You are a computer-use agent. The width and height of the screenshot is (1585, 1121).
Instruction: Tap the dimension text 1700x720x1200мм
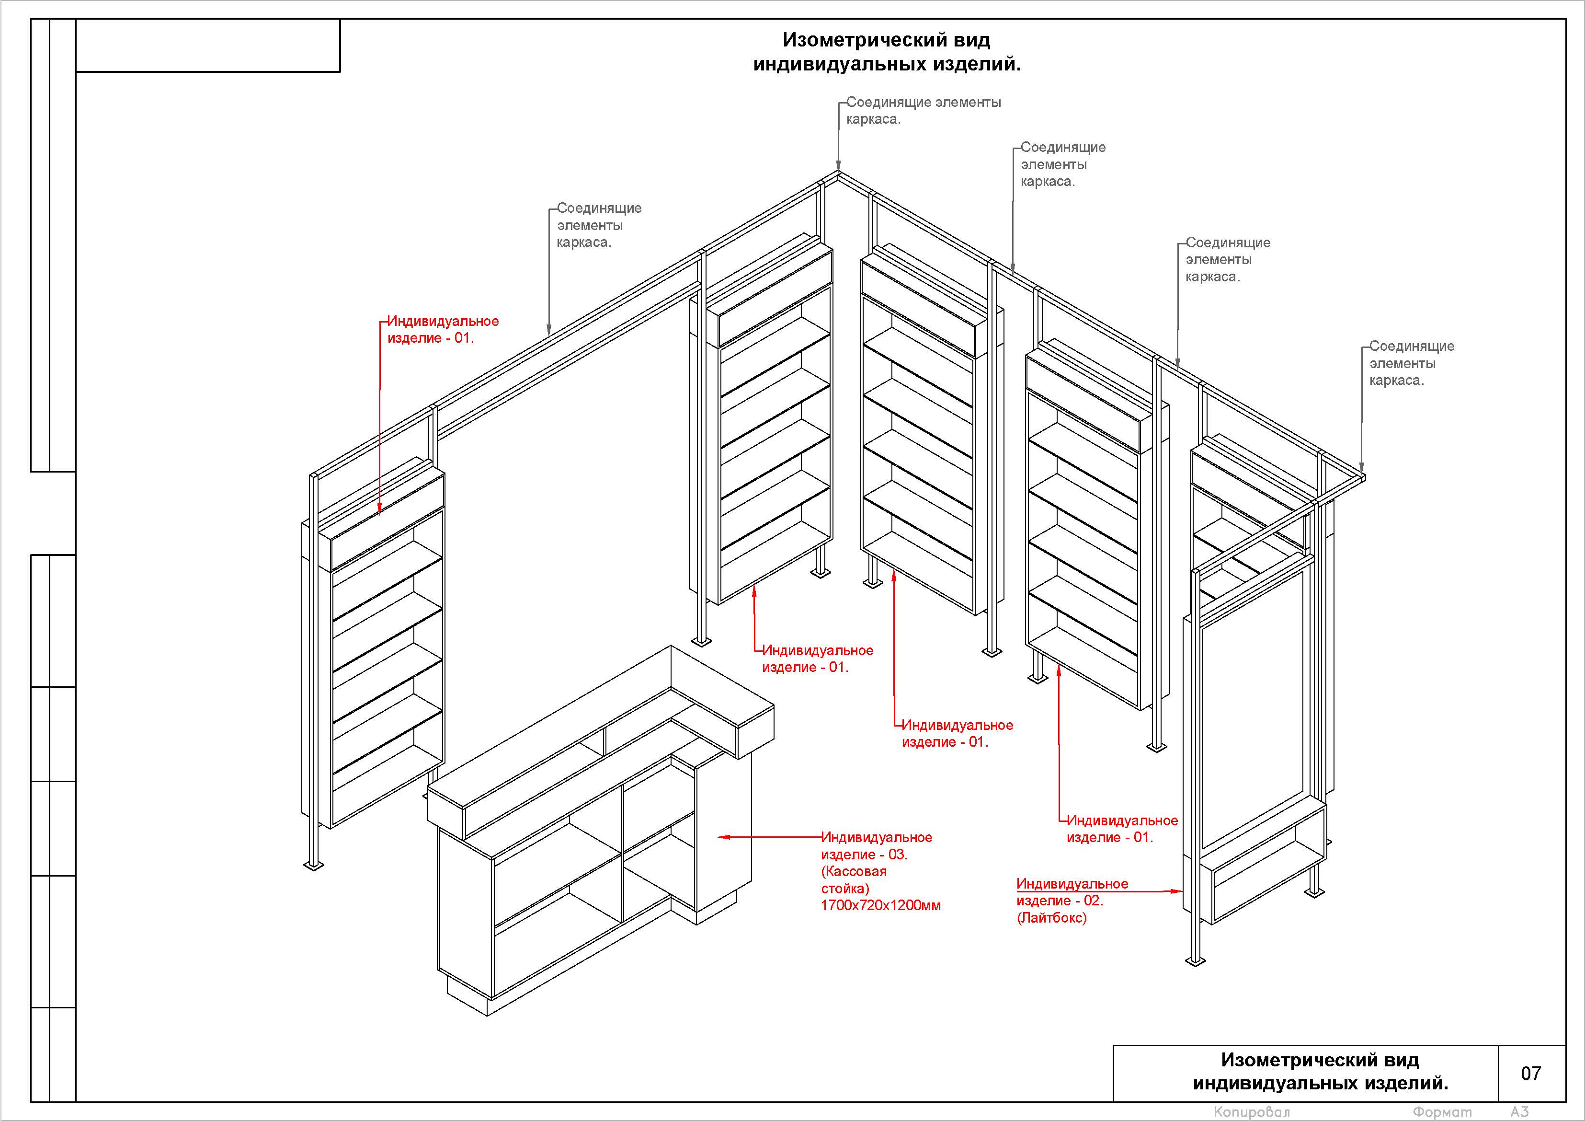(880, 905)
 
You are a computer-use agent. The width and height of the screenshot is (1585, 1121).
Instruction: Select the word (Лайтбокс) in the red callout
(1051, 918)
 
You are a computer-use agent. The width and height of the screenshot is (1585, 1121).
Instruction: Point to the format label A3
(1519, 1111)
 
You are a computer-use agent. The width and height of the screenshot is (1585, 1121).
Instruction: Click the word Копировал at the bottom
(1251, 1111)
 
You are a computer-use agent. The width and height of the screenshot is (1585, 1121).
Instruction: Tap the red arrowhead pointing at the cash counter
(722, 837)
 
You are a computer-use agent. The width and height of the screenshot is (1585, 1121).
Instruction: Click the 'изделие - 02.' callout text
(1060, 901)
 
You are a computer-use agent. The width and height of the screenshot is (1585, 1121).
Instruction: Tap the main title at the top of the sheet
(887, 52)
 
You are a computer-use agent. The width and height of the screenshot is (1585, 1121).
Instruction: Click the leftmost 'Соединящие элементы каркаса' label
(599, 225)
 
